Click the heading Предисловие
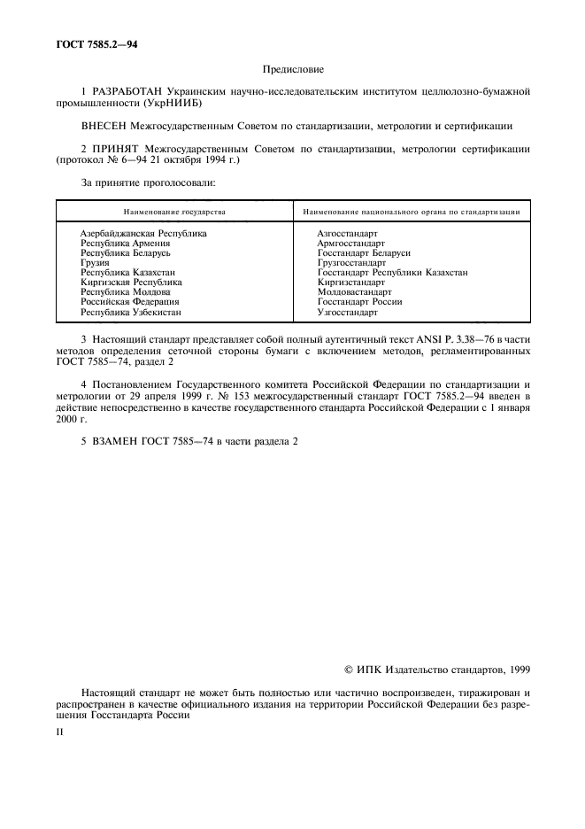293,68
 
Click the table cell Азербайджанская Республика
143,233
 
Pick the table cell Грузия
95,262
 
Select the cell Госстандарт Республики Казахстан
392,273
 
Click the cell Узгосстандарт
346,312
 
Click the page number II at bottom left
60,733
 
